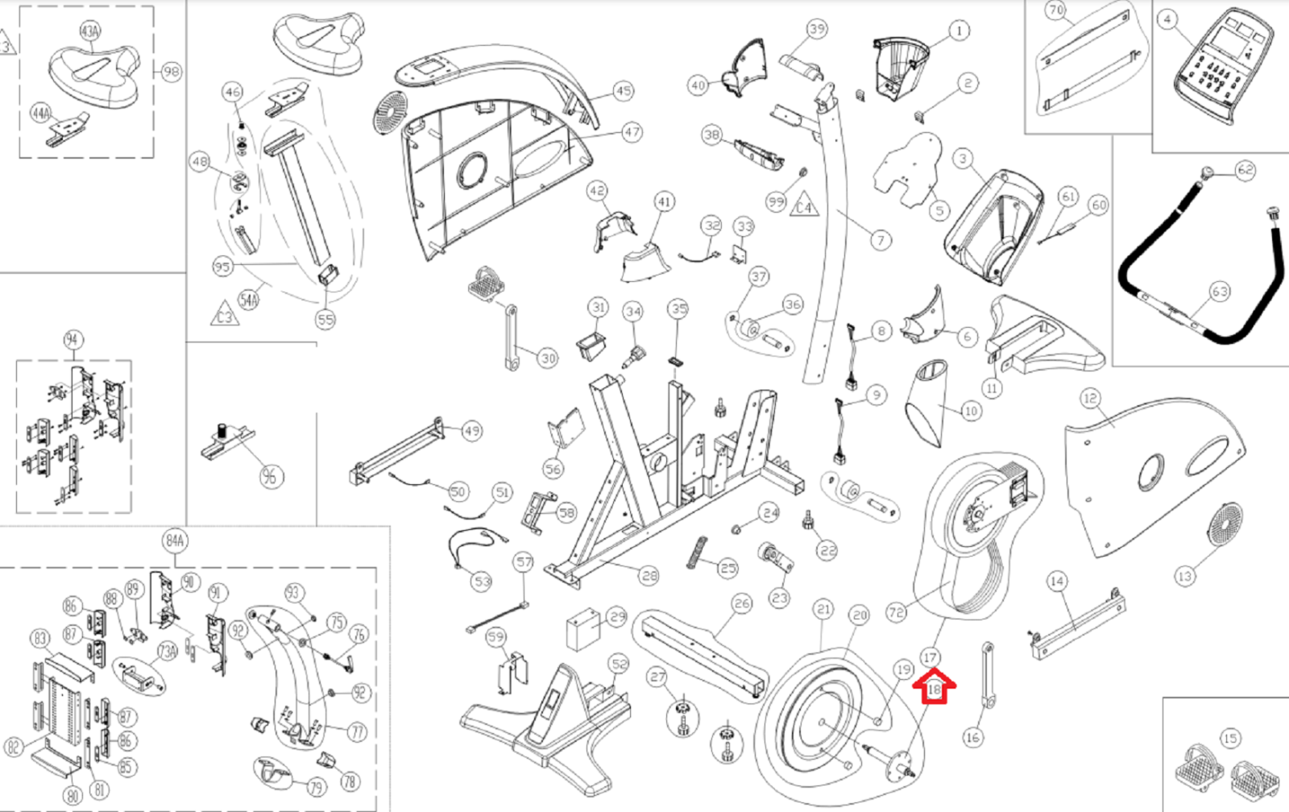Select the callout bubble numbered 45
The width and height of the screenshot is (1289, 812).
tap(623, 91)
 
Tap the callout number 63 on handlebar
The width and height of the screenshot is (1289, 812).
tap(1219, 292)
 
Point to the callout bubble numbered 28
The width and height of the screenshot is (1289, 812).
tap(649, 575)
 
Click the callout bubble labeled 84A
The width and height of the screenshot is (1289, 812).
tap(175, 541)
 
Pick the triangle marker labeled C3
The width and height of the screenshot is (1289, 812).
tap(225, 315)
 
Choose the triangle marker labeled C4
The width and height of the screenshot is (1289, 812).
tap(803, 206)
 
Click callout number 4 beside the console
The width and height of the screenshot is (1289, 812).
tap(1167, 20)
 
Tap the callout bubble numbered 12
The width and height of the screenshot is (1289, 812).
tap(1090, 398)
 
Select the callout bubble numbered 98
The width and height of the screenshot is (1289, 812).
tap(171, 72)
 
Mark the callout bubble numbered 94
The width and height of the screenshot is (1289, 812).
tap(73, 339)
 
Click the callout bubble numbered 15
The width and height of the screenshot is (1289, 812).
tap(1229, 739)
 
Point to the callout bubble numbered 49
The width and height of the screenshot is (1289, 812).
tap(472, 431)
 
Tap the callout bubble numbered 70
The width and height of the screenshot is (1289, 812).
tap(1056, 10)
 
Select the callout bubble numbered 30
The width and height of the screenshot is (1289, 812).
tap(548, 358)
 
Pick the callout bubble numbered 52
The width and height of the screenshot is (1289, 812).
tap(619, 665)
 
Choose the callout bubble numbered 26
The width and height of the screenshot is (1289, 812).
tap(741, 603)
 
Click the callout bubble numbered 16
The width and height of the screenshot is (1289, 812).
tap(972, 736)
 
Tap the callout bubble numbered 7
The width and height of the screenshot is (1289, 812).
tap(881, 239)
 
